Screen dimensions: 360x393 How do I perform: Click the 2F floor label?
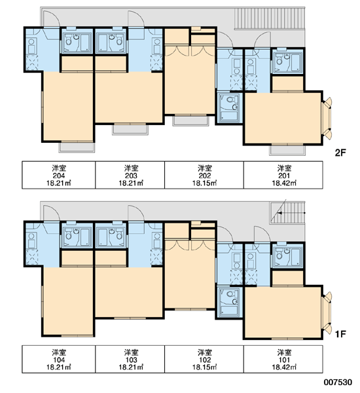point(340,153)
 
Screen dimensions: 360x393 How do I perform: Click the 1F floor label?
point(340,334)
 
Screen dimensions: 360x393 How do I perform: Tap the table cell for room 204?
point(59,175)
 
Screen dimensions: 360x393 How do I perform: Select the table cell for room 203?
point(130,175)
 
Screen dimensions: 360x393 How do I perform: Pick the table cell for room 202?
point(204,175)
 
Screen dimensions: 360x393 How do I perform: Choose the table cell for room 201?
point(283,175)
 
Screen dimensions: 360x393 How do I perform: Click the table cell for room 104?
point(59,359)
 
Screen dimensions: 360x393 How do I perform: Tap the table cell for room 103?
point(130,359)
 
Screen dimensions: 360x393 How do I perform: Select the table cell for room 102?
point(204,359)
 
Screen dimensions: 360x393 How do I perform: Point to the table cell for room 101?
point(283,359)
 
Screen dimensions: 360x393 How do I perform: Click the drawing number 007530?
point(338,383)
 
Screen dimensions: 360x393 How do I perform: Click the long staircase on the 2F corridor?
point(270,18)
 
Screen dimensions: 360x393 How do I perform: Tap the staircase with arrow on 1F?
point(287,213)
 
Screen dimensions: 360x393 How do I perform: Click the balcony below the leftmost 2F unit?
point(77,147)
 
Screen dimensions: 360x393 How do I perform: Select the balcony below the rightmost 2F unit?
point(287,150)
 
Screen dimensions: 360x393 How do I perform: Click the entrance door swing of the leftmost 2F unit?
point(52,18)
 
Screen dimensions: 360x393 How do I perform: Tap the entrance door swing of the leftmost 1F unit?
point(52,213)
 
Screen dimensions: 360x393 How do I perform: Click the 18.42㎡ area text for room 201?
point(284,183)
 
